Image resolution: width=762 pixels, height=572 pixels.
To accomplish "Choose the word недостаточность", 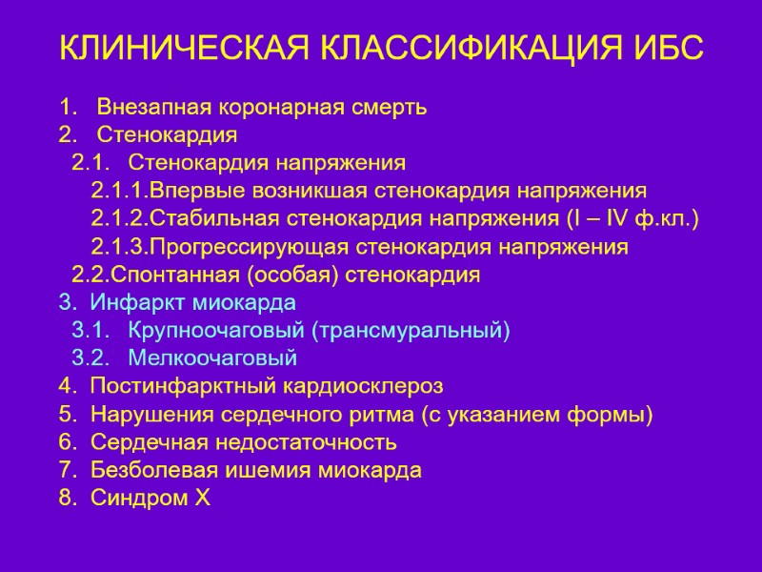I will point(310,442).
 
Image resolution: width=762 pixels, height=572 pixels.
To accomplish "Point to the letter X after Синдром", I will point(202,498).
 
